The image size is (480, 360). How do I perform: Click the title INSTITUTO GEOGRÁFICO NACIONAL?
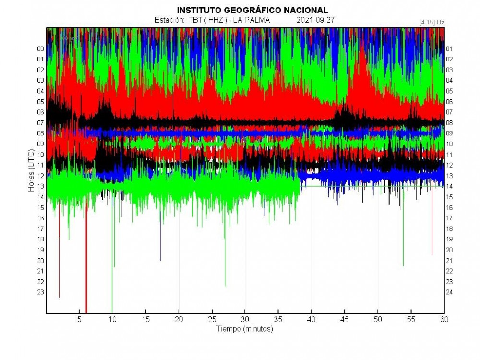pos(252,10)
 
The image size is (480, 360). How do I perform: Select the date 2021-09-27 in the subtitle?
pos(315,20)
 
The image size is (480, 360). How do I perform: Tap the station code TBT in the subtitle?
pos(195,20)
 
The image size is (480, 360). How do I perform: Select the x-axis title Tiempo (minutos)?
pos(245,329)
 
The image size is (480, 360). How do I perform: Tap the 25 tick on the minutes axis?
pos(212,319)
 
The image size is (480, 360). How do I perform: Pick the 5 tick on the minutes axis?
pos(79,319)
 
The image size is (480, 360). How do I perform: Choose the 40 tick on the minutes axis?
pos(311,319)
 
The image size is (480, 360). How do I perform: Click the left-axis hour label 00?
pos(40,49)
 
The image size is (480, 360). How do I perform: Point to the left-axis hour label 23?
pos(40,292)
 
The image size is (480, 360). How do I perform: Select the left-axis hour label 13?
pos(40,186)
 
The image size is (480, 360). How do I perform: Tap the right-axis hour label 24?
pos(450,292)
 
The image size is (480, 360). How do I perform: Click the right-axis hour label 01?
pos(450,49)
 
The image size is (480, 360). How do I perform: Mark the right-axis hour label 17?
pos(450,218)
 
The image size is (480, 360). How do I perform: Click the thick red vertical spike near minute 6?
pos(86,269)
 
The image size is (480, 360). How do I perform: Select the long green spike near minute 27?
pos(225,259)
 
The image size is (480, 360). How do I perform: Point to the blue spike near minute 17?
pos(160,245)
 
